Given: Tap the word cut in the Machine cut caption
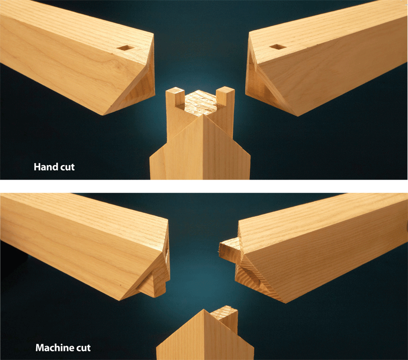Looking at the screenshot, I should pos(82,349).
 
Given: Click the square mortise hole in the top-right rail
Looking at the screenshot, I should pos(277,47).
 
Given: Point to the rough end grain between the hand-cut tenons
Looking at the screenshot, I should pos(200,101).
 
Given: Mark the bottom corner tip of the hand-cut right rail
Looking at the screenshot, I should pos(295,115).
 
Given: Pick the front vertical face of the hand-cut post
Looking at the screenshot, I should pos(204,153).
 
